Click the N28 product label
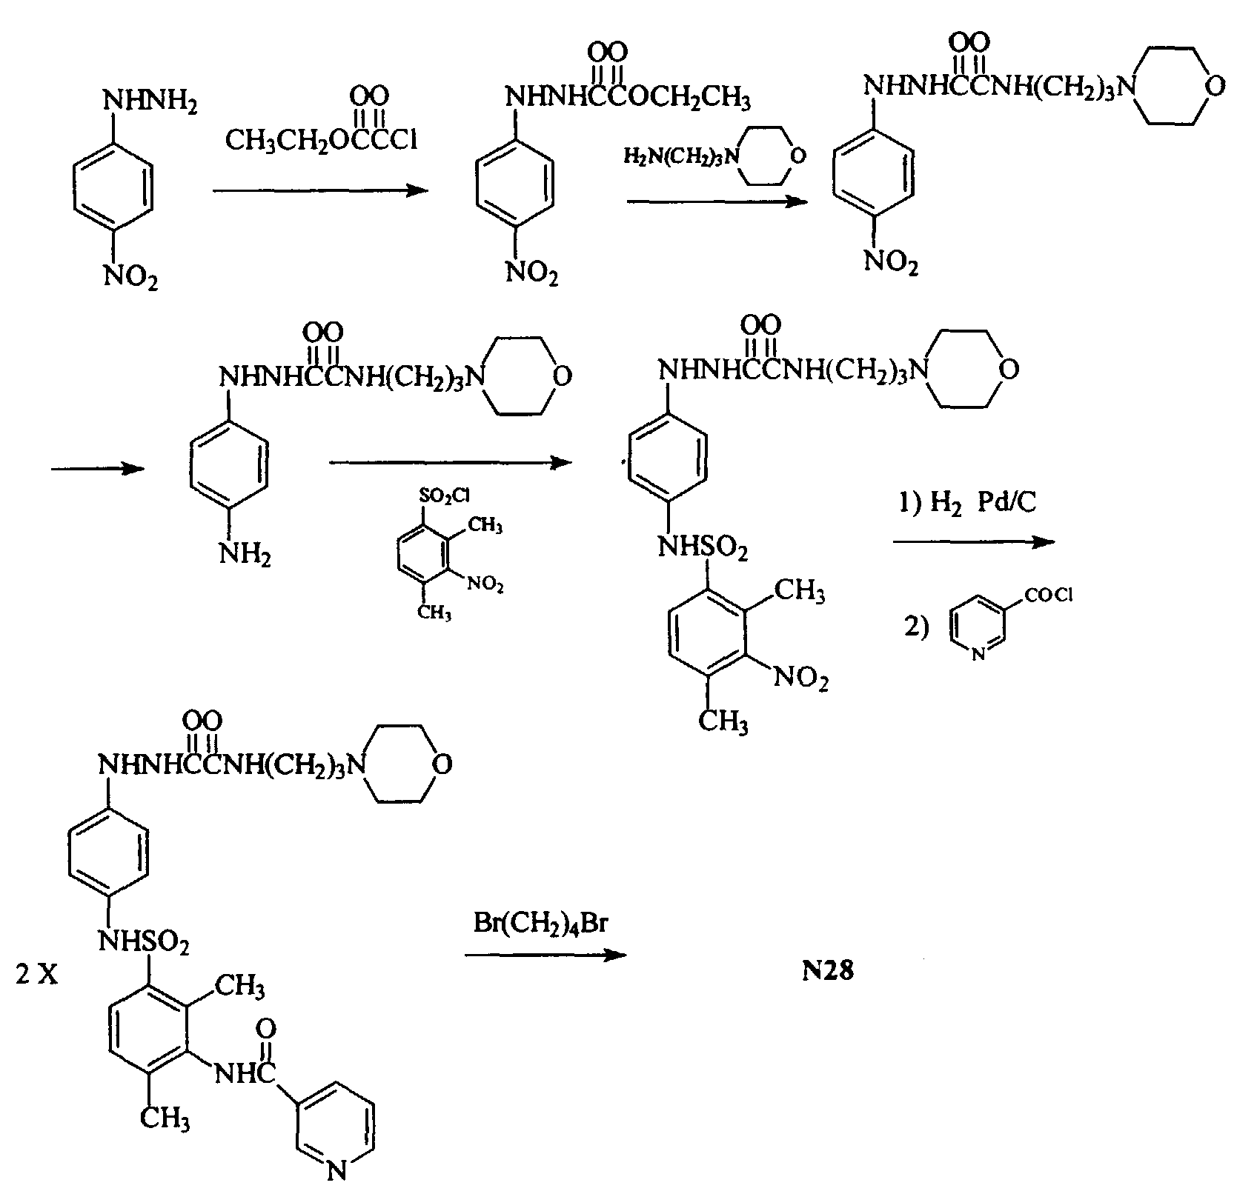829,970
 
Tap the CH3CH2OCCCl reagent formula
321,139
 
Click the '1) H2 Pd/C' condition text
967,503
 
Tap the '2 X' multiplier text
37,975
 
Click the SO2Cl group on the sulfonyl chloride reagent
444,494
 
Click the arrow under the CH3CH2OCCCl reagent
320,191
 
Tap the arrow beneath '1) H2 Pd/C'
973,541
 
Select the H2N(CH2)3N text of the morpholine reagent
682,156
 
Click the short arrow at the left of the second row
97,469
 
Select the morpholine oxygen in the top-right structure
1214,86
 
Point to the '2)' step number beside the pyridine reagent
915,627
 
